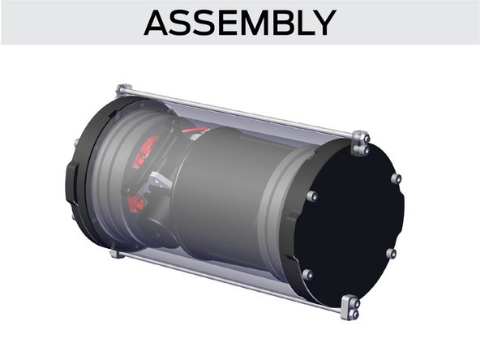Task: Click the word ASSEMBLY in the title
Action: click(239, 23)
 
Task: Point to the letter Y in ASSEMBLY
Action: click(322, 23)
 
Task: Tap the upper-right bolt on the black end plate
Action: click(396, 178)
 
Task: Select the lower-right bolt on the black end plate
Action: click(391, 253)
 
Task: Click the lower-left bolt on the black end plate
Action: click(307, 275)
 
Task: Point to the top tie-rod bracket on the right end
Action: click(360, 143)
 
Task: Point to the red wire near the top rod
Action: click(195, 128)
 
